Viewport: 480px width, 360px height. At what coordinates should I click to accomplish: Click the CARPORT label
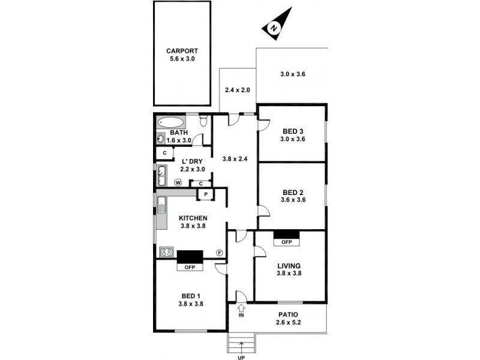pyautogui.click(x=182, y=52)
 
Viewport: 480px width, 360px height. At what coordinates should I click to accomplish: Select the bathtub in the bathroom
pyautogui.click(x=171, y=122)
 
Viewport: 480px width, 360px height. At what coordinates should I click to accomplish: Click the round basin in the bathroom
pyautogui.click(x=161, y=139)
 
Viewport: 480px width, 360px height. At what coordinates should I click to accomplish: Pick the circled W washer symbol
pyautogui.click(x=178, y=182)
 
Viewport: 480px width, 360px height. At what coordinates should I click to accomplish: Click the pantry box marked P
pyautogui.click(x=205, y=194)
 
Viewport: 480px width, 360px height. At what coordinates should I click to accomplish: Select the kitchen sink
pyautogui.click(x=161, y=206)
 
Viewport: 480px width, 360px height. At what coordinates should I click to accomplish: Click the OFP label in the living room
pyautogui.click(x=286, y=242)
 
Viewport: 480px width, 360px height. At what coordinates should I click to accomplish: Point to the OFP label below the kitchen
pyautogui.click(x=190, y=266)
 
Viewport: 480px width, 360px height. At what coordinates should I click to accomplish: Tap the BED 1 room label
pyautogui.click(x=190, y=296)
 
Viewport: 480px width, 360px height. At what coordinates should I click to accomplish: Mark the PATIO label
pyautogui.click(x=289, y=314)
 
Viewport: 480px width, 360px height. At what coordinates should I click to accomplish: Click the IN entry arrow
pyautogui.click(x=241, y=310)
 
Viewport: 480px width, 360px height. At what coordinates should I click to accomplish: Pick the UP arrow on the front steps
pyautogui.click(x=242, y=346)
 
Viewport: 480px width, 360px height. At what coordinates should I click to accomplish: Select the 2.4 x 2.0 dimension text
pyautogui.click(x=237, y=90)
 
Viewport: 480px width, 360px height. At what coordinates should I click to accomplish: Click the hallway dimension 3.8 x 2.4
pyautogui.click(x=235, y=160)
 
